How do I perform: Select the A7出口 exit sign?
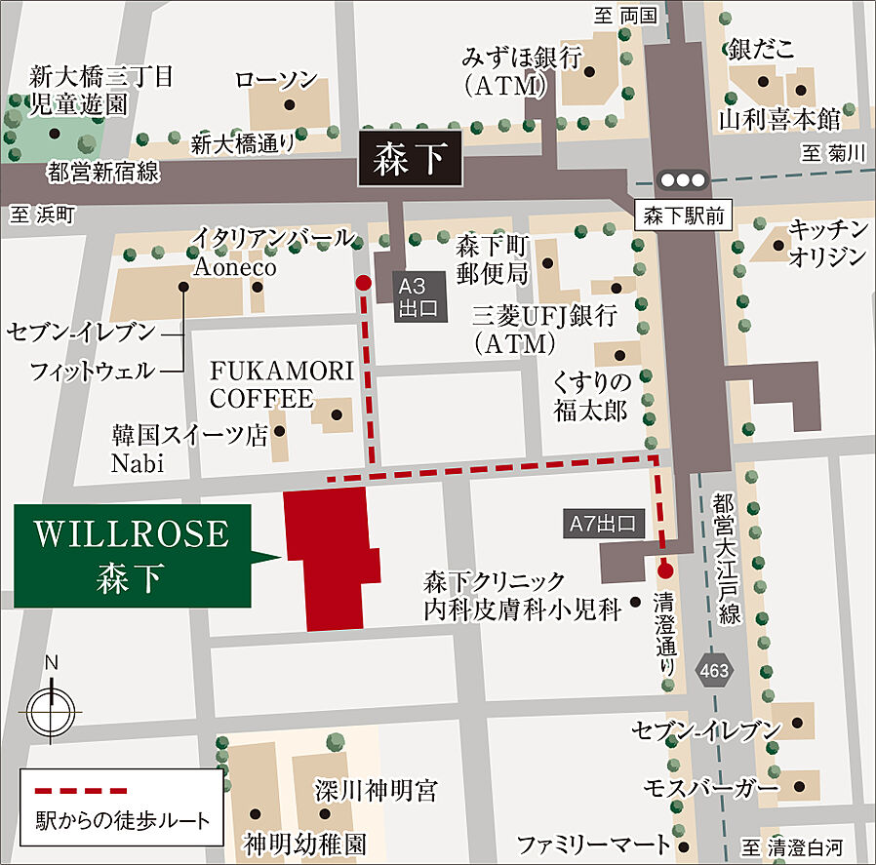604,525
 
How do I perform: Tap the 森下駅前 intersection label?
683,216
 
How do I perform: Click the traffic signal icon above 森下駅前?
682,180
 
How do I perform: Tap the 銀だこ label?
762,47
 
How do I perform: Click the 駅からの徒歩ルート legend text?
123,818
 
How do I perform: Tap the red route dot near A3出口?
363,283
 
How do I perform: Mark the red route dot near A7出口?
665,571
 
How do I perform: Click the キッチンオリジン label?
828,243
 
